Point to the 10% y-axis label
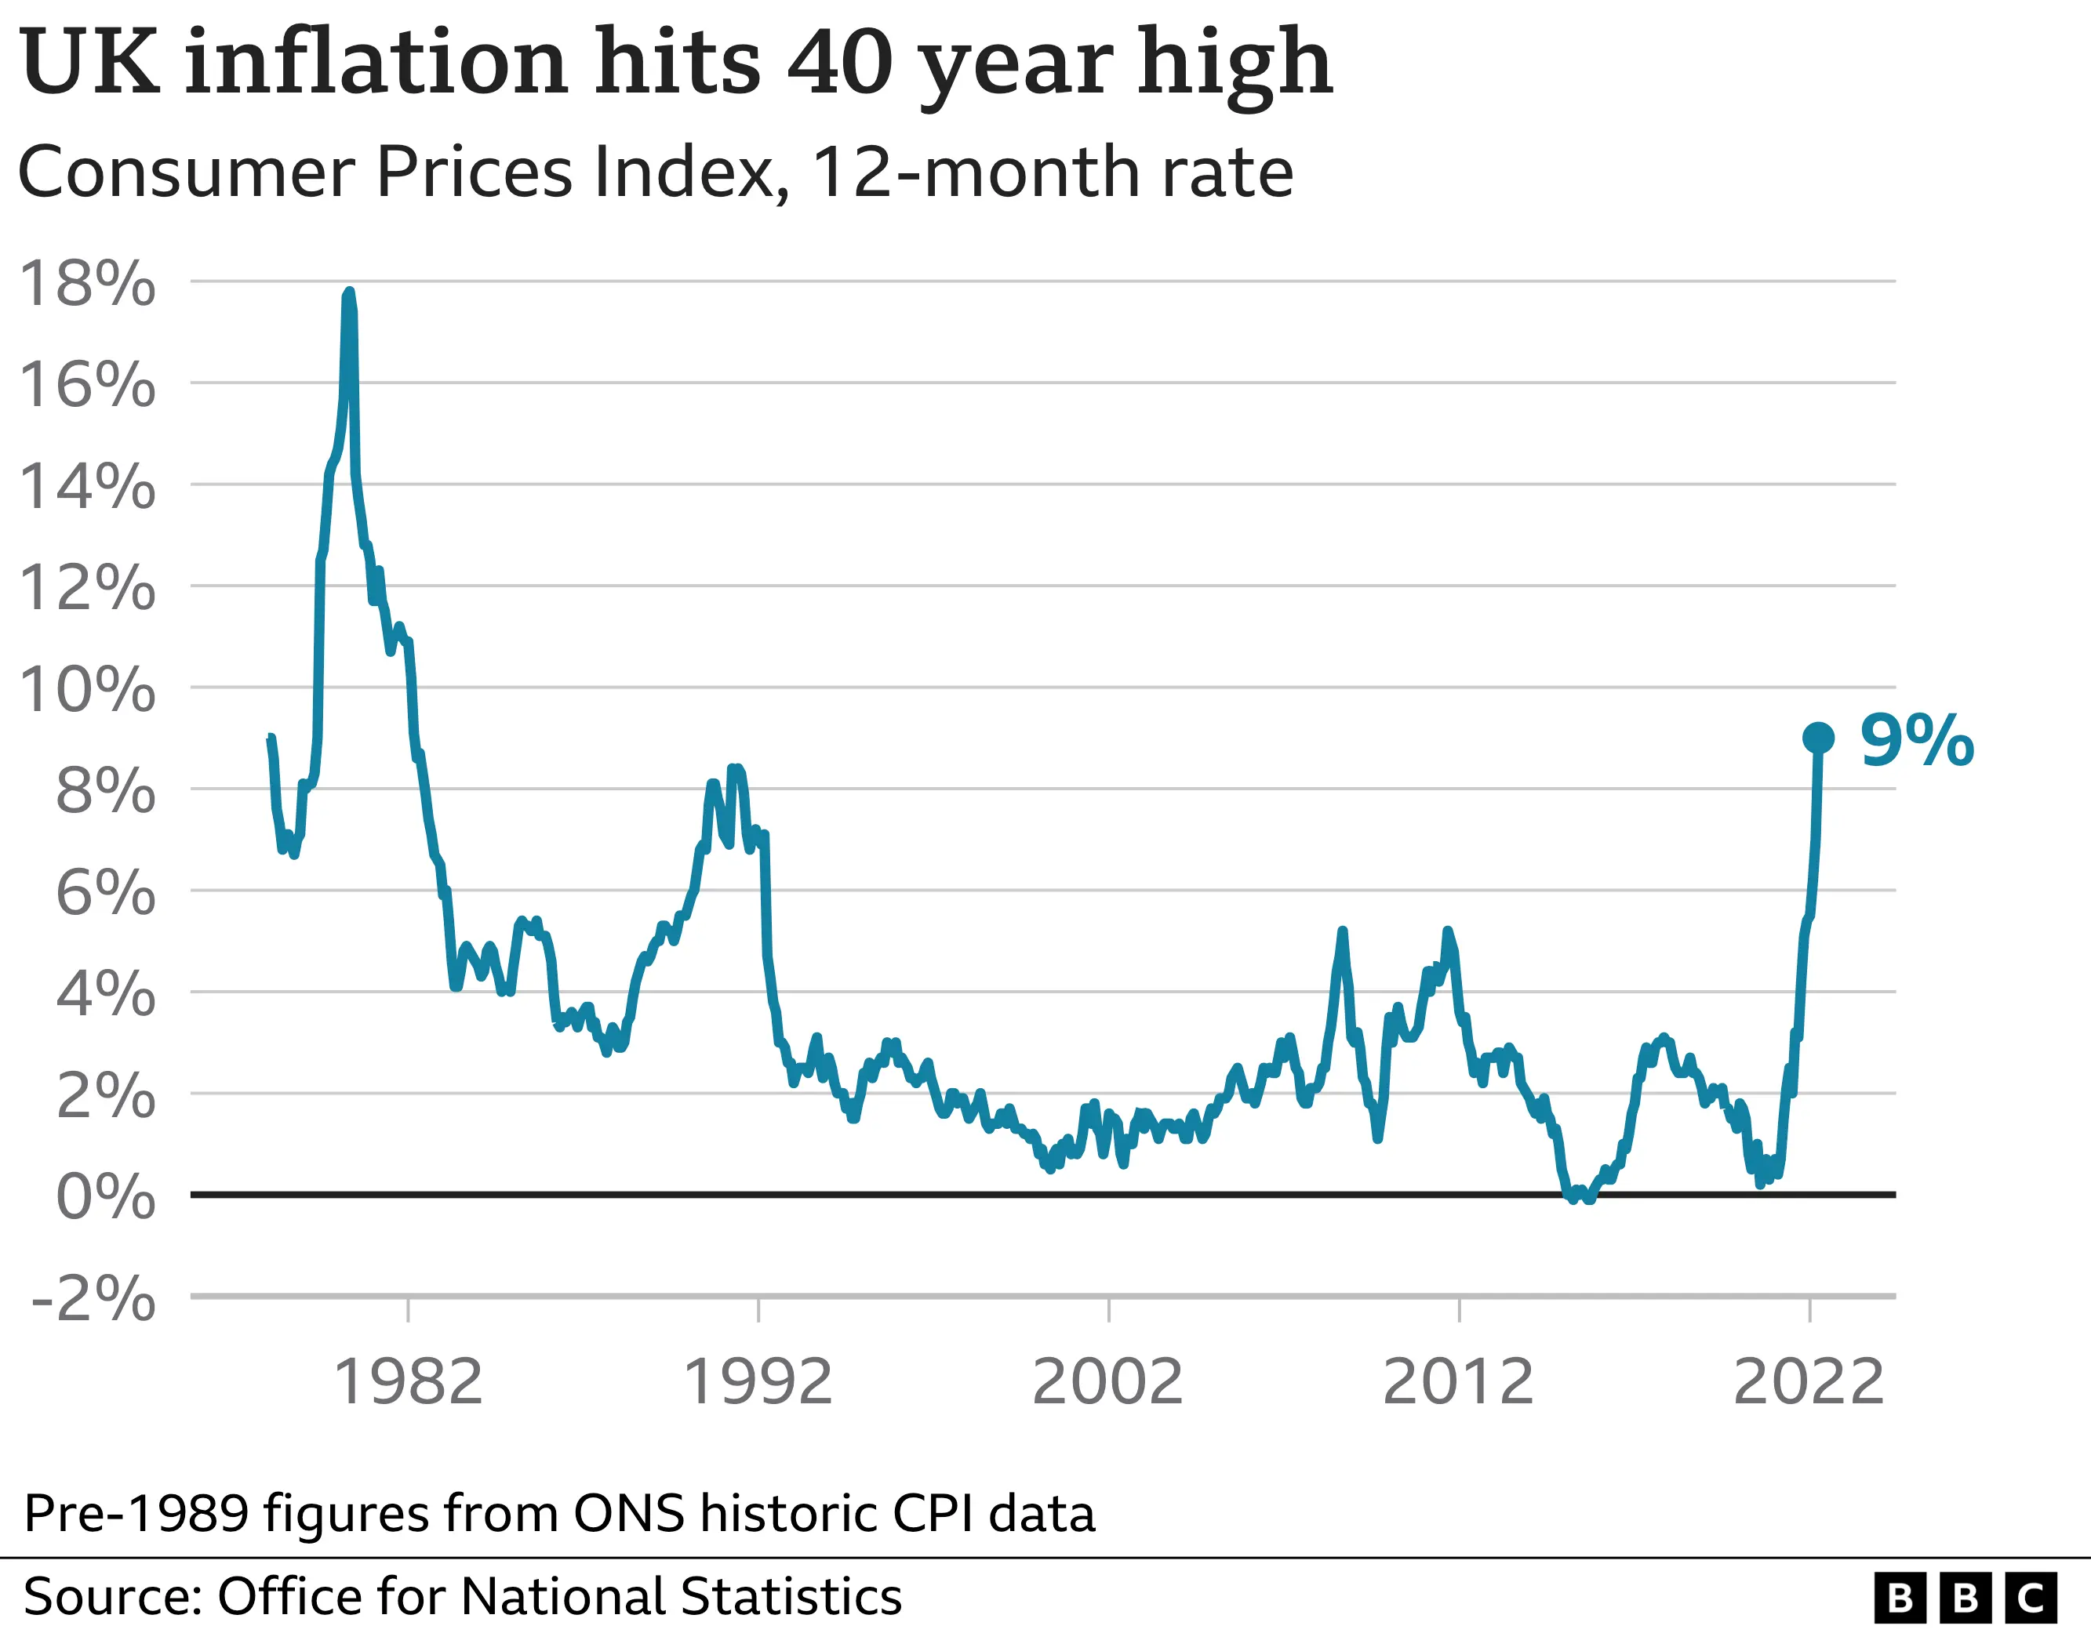pos(87,689)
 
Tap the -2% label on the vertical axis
pos(93,1299)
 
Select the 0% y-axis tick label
pos(105,1196)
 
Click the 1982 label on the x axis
pos(408,1382)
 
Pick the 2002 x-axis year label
pos(1107,1382)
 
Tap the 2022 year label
pos(1809,1382)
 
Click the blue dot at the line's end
pos(1818,738)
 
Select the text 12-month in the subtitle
pos(975,172)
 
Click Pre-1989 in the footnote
pos(135,1513)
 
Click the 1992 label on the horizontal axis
pos(758,1382)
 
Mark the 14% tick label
pos(87,486)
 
